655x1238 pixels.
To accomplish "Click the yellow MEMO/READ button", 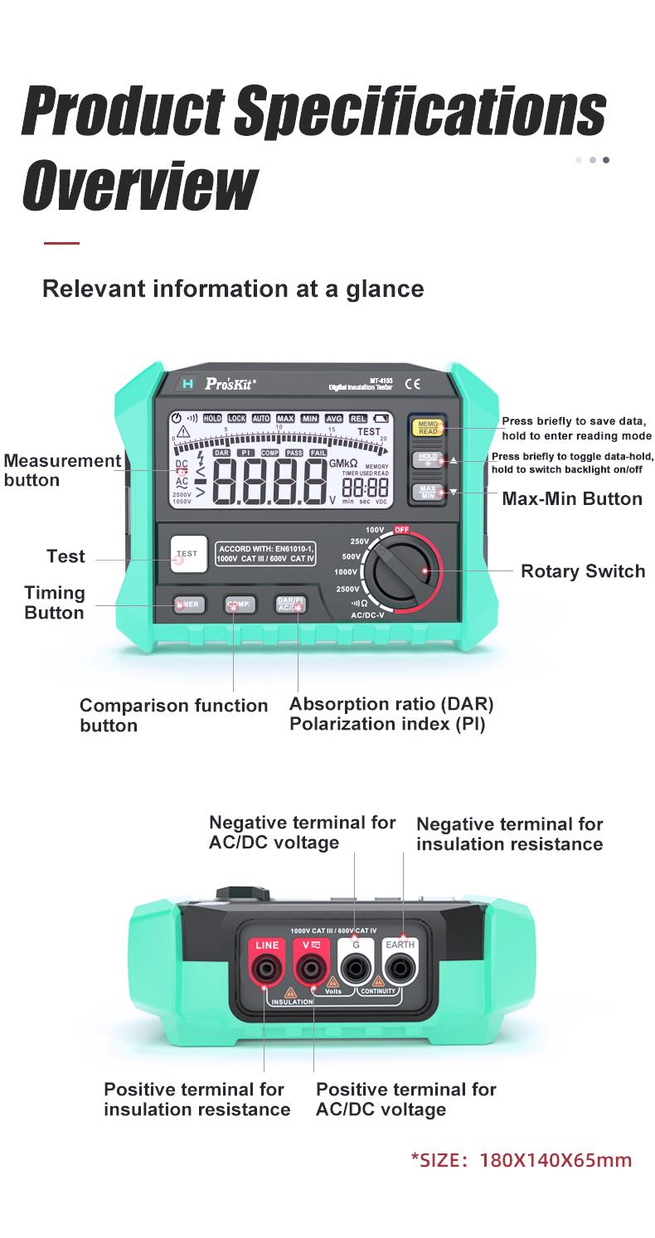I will click(428, 428).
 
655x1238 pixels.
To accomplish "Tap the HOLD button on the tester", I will click(428, 460).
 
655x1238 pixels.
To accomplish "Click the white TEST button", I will click(187, 554).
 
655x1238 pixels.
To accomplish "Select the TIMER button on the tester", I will click(187, 604).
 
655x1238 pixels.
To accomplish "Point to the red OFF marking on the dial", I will click(402, 529).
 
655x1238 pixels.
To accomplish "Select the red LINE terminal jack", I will click(267, 966).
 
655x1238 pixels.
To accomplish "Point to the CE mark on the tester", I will click(412, 384).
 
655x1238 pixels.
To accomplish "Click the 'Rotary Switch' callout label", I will click(582, 571).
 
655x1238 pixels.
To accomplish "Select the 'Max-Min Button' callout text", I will click(571, 498).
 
